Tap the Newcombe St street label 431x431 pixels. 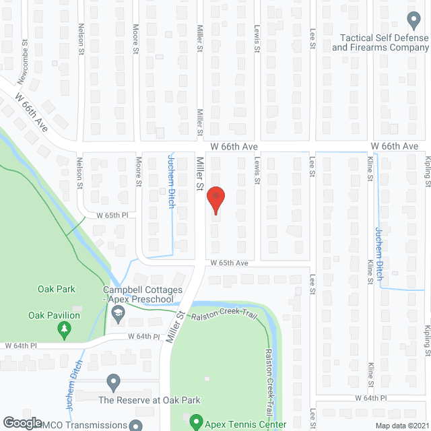24,52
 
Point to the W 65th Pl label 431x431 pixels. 112,215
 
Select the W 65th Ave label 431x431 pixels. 228,263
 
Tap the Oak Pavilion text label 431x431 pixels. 54,315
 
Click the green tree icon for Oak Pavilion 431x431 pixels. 65,329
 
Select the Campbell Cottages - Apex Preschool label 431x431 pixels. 143,294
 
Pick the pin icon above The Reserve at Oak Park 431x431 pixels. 113,383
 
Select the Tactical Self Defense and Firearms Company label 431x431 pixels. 380,42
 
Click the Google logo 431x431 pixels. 22,422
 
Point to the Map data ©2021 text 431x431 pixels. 401,425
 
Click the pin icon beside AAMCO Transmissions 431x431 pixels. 136,425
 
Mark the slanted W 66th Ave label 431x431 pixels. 33,113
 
